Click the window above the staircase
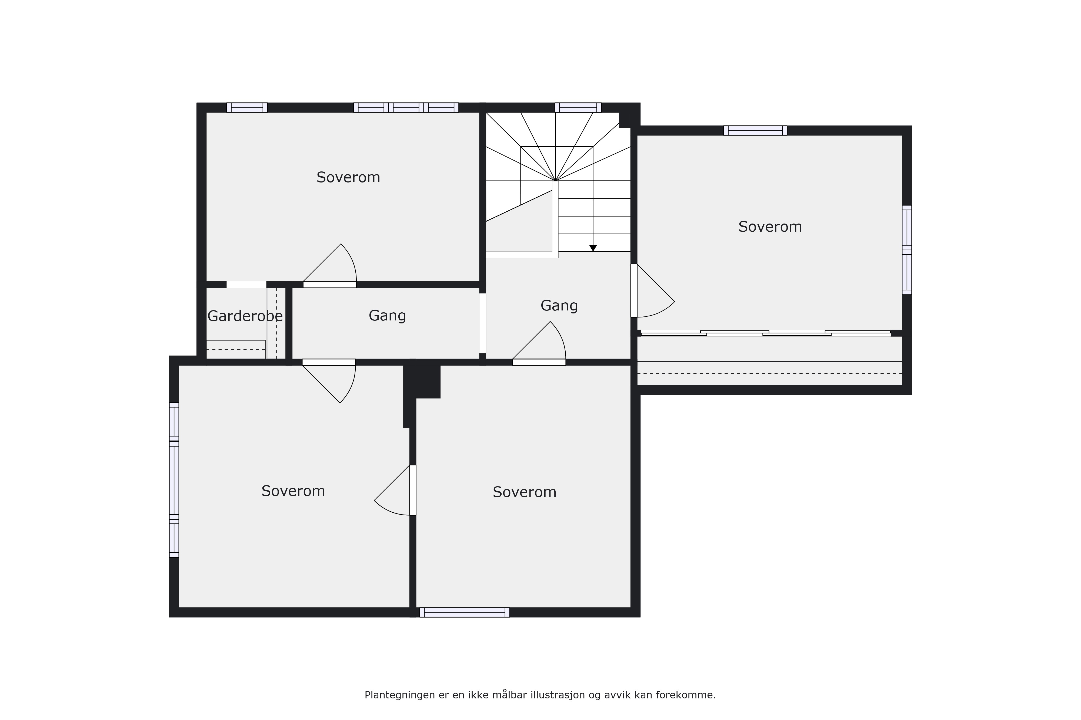tap(578, 107)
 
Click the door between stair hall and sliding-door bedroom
tap(653, 291)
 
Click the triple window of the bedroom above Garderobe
tap(406, 107)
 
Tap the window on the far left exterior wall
tap(174, 480)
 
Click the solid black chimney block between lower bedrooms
tap(422, 381)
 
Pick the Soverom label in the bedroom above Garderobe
tap(348, 177)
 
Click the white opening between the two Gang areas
tap(483, 323)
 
